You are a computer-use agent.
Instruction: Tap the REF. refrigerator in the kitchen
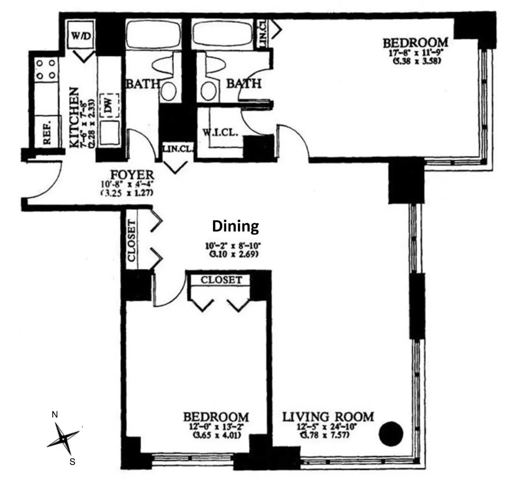coord(47,131)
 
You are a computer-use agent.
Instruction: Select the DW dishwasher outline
coord(108,106)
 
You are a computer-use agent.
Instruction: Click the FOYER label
coord(132,175)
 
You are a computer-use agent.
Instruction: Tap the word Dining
coord(235,226)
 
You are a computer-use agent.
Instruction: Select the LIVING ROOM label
coord(328,417)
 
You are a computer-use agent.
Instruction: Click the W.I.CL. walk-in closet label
coord(220,133)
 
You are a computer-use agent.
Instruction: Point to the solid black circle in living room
coord(391,433)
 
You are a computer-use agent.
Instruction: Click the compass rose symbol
coord(63,439)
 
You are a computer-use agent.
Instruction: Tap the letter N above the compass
coord(55,415)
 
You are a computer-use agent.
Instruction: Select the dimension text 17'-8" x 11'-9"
coord(416,53)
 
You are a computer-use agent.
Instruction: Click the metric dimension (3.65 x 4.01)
coord(217,435)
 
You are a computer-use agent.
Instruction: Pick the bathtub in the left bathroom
coord(153,34)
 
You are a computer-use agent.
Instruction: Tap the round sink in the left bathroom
coord(169,91)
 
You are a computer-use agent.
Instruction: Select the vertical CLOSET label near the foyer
coord(132,240)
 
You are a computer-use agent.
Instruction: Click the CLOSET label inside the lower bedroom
coord(221,280)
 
